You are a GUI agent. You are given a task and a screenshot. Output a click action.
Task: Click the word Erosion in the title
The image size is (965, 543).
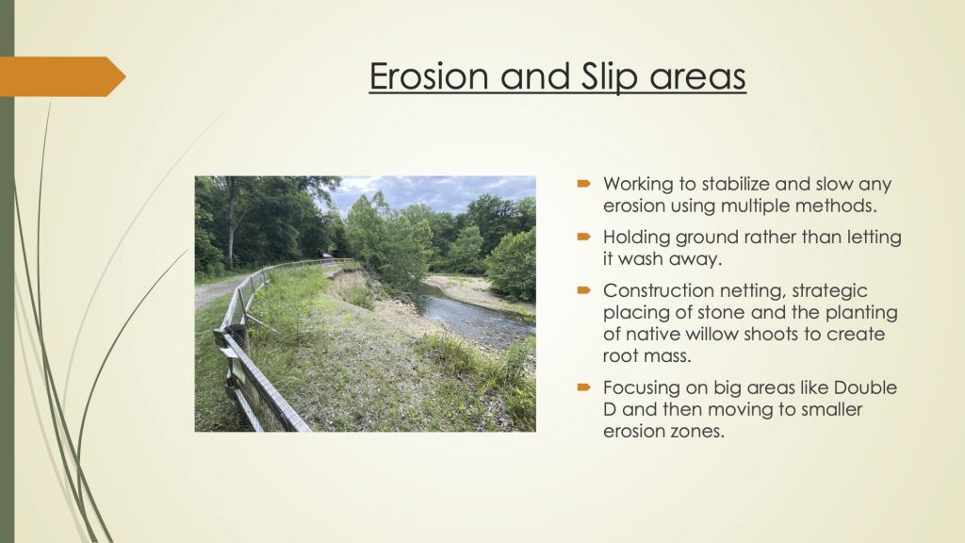click(x=430, y=75)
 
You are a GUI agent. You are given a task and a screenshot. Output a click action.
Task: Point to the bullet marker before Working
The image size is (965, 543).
click(x=584, y=184)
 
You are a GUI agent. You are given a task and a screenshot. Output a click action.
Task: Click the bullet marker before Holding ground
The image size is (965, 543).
click(x=584, y=237)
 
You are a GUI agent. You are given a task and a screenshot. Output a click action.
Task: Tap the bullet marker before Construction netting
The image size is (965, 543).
click(x=584, y=290)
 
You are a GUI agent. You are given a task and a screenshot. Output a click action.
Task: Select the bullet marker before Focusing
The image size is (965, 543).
click(x=584, y=387)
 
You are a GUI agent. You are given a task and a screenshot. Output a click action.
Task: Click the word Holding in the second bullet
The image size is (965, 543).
click(x=636, y=238)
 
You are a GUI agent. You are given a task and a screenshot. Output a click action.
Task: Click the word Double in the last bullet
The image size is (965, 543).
click(x=865, y=387)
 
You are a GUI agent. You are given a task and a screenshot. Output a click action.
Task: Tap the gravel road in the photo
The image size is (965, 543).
click(x=216, y=290)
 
